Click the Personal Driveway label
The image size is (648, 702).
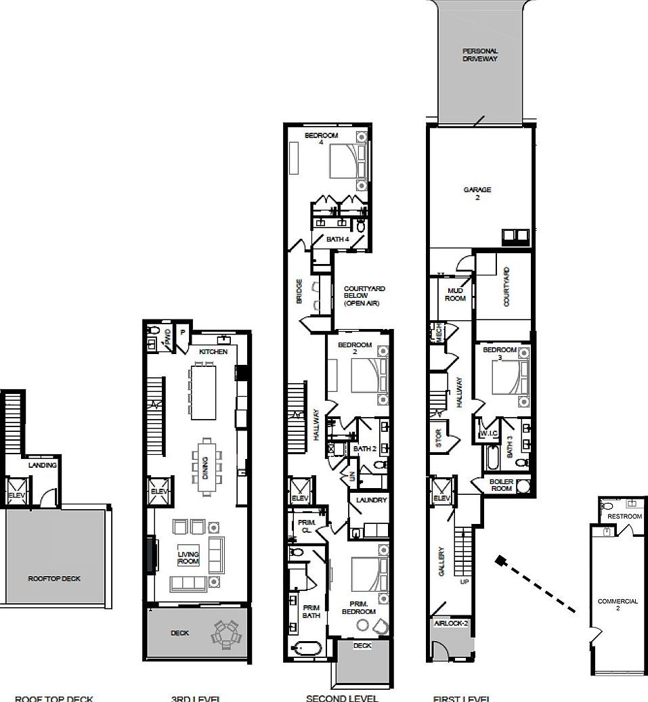coord(480,55)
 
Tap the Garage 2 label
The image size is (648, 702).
coord(477,194)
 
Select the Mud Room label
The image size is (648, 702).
coord(456,294)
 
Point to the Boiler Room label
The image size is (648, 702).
coord(501,484)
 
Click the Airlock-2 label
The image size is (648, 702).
coord(451,623)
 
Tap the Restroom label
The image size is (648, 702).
coord(624,517)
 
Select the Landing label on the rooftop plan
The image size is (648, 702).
coord(43,466)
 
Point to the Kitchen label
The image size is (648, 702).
coord(213,352)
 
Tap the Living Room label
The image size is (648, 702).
coord(188,558)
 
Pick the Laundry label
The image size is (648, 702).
coord(370,500)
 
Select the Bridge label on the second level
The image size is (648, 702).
coord(299,292)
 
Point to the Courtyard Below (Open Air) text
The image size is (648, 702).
coord(364,296)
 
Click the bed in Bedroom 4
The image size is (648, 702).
coord(345,161)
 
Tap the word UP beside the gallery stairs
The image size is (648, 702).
coord(463,582)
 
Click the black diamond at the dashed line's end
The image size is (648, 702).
coord(500,561)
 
